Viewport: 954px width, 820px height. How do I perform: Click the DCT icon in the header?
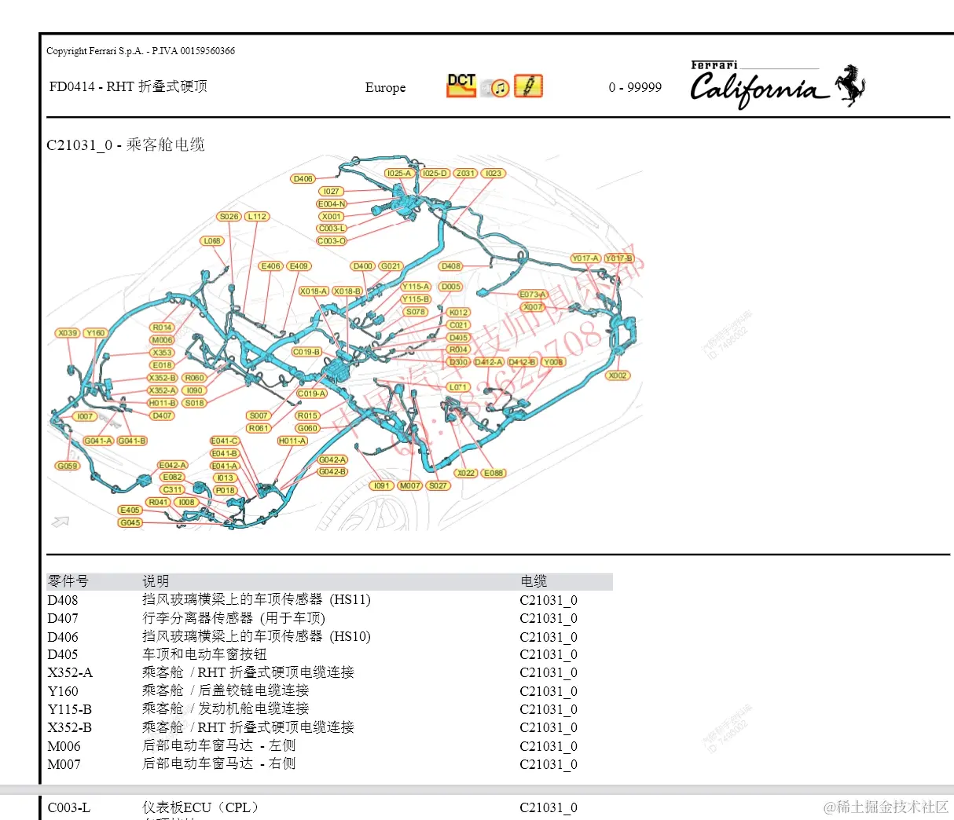(461, 85)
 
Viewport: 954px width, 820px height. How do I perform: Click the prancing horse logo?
(850, 86)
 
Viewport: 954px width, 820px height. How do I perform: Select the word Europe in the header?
(385, 88)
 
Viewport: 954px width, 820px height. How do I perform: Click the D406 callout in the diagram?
(303, 179)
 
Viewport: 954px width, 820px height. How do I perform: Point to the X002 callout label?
(618, 375)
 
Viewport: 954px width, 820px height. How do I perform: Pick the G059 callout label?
(68, 466)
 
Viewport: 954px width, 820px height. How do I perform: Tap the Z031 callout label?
(465, 174)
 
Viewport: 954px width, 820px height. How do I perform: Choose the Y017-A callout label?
(585, 258)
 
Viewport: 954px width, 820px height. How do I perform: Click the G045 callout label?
(130, 522)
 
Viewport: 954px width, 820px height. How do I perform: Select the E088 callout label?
(494, 473)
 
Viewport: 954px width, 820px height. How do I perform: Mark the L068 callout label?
(212, 241)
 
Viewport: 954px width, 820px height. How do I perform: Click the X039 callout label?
(68, 333)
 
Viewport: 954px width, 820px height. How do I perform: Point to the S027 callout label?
(438, 485)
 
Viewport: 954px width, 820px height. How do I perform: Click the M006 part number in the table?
(64, 746)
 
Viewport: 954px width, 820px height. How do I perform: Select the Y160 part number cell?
(63, 691)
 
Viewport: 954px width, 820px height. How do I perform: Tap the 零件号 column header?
(68, 581)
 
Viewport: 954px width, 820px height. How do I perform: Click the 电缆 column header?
(534, 581)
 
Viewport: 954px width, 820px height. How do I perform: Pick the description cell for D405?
(204, 654)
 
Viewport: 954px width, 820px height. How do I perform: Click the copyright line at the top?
(141, 51)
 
